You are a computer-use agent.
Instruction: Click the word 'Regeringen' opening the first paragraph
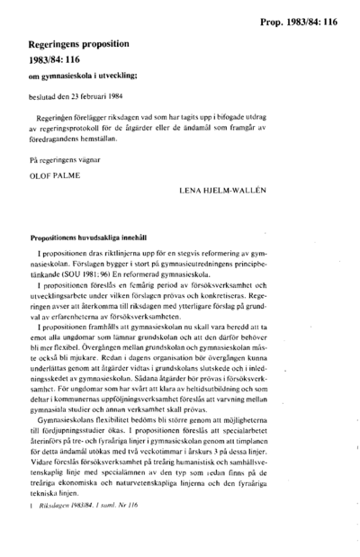click(x=56, y=118)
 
